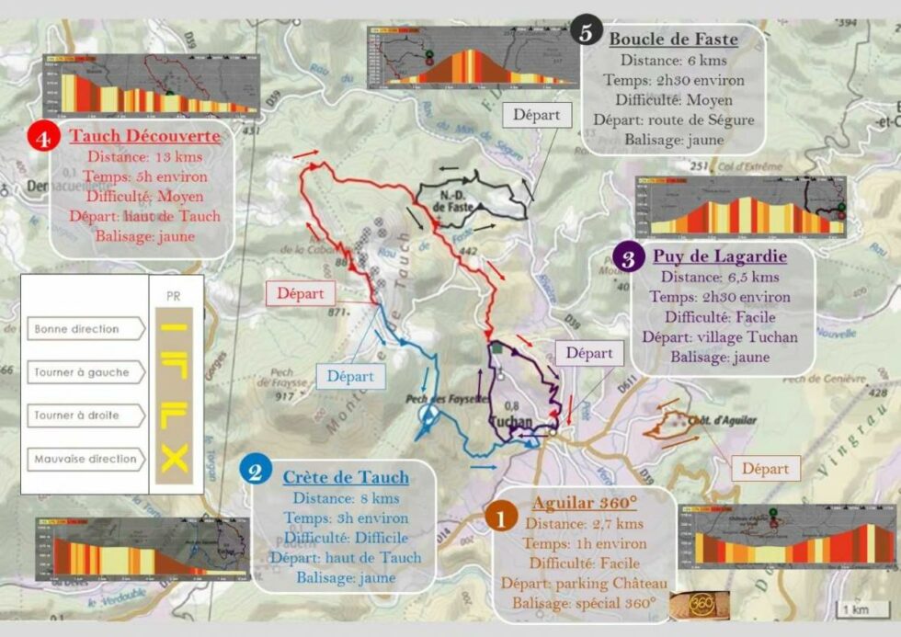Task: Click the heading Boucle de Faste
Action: point(673,40)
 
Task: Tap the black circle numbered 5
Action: point(586,30)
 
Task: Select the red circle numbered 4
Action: point(41,138)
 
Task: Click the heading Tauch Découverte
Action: point(144,137)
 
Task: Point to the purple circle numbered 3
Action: point(628,258)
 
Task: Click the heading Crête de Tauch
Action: point(345,477)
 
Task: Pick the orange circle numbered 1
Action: point(501,518)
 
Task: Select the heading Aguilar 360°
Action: point(584,504)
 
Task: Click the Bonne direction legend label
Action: point(77,329)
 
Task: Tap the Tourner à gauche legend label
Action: point(82,373)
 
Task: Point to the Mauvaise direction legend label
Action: point(85,459)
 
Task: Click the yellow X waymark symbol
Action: point(174,458)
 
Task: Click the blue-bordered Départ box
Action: point(350,375)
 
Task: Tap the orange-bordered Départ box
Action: point(766,469)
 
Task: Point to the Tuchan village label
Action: point(513,422)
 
